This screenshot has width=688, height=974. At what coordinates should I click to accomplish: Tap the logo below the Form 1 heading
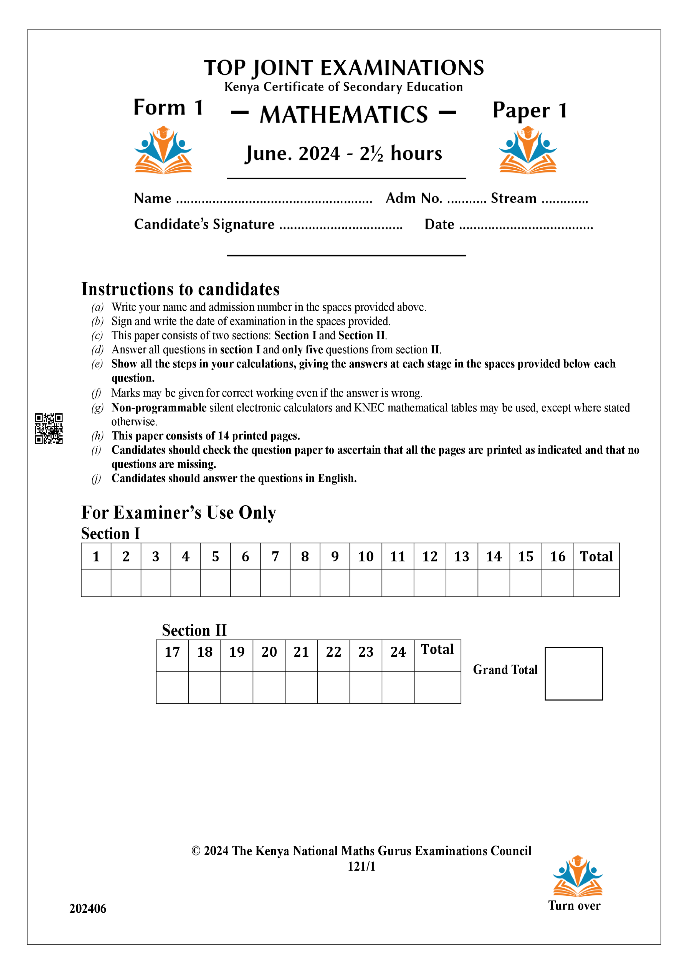point(163,150)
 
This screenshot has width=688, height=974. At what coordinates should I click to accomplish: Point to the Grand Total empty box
point(573,673)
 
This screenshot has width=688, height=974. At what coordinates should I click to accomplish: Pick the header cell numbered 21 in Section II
point(301,652)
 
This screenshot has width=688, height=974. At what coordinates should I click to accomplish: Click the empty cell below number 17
point(172,687)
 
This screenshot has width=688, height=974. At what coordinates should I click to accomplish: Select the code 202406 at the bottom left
point(88,908)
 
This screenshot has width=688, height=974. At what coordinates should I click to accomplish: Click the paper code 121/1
point(361,867)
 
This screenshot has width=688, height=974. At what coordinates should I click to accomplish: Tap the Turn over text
point(574,905)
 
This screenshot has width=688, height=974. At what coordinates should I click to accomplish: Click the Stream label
point(513,198)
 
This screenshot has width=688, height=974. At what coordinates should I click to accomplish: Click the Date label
point(439,224)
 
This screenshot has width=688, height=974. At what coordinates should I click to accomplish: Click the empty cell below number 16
point(557,583)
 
